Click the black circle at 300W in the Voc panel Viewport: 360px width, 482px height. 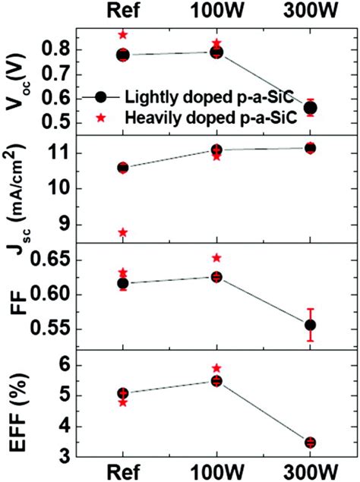pos(310,108)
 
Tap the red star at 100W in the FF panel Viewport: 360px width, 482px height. pos(216,258)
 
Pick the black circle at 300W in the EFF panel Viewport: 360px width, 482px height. pos(310,443)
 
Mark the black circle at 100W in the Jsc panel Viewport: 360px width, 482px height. pos(216,150)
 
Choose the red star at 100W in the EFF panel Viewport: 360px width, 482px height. pos(216,367)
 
